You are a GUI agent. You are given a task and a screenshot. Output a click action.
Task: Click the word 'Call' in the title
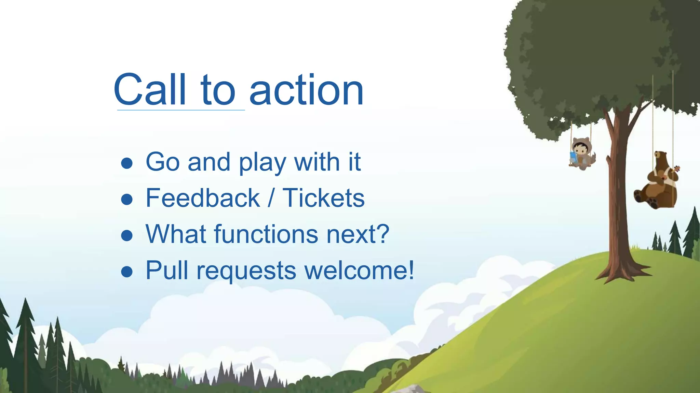tap(150, 90)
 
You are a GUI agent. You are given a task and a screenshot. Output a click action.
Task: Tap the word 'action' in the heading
tap(306, 90)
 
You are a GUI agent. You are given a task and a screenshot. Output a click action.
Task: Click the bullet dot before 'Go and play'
tap(127, 163)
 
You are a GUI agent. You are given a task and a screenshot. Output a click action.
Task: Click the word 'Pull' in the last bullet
tap(167, 270)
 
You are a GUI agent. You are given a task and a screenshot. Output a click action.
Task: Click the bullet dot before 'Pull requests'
tap(127, 272)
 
